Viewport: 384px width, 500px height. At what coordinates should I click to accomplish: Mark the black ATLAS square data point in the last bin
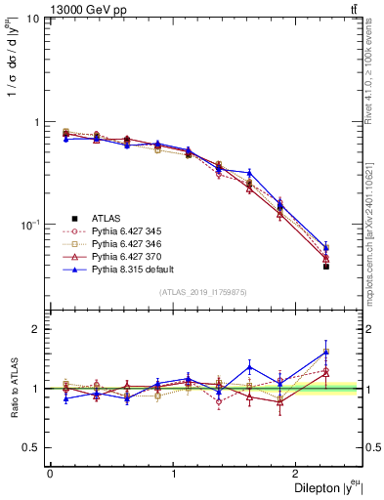(326, 266)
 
